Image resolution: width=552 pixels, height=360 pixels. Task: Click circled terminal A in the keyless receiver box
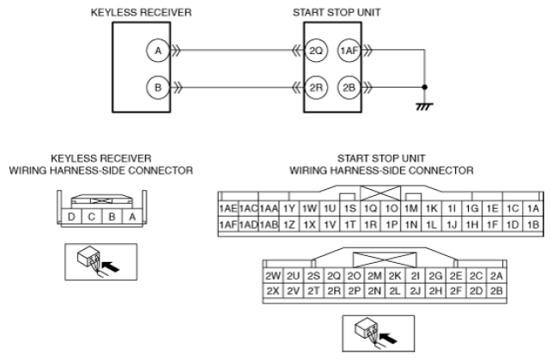[158, 51]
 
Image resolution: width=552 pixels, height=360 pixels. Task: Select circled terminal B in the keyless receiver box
[158, 87]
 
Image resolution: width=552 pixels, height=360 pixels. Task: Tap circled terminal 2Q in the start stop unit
[316, 51]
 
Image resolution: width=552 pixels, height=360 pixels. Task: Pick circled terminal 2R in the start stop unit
[316, 87]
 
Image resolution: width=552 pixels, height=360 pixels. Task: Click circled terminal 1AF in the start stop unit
[349, 51]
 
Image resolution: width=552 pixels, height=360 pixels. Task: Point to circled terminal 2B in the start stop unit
[349, 87]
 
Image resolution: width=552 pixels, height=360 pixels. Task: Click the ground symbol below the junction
[424, 106]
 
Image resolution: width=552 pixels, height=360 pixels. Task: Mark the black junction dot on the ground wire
[425, 87]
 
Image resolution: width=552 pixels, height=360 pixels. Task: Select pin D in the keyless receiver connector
[71, 217]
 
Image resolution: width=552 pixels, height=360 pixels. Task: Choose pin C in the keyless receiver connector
[92, 217]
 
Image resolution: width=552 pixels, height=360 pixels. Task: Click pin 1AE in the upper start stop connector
[228, 209]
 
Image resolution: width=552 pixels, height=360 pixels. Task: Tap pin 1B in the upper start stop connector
[533, 224]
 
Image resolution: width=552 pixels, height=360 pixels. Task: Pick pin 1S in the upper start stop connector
[350, 209]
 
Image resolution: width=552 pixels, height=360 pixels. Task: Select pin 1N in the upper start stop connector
[411, 224]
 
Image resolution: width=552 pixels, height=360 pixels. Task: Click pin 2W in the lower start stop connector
[273, 276]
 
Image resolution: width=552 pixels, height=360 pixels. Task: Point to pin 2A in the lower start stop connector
[496, 276]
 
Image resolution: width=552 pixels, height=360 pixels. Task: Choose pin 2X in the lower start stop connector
[273, 291]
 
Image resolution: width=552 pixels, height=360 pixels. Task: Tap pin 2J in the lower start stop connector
[416, 291]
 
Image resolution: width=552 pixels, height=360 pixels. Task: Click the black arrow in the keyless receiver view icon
[111, 266]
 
